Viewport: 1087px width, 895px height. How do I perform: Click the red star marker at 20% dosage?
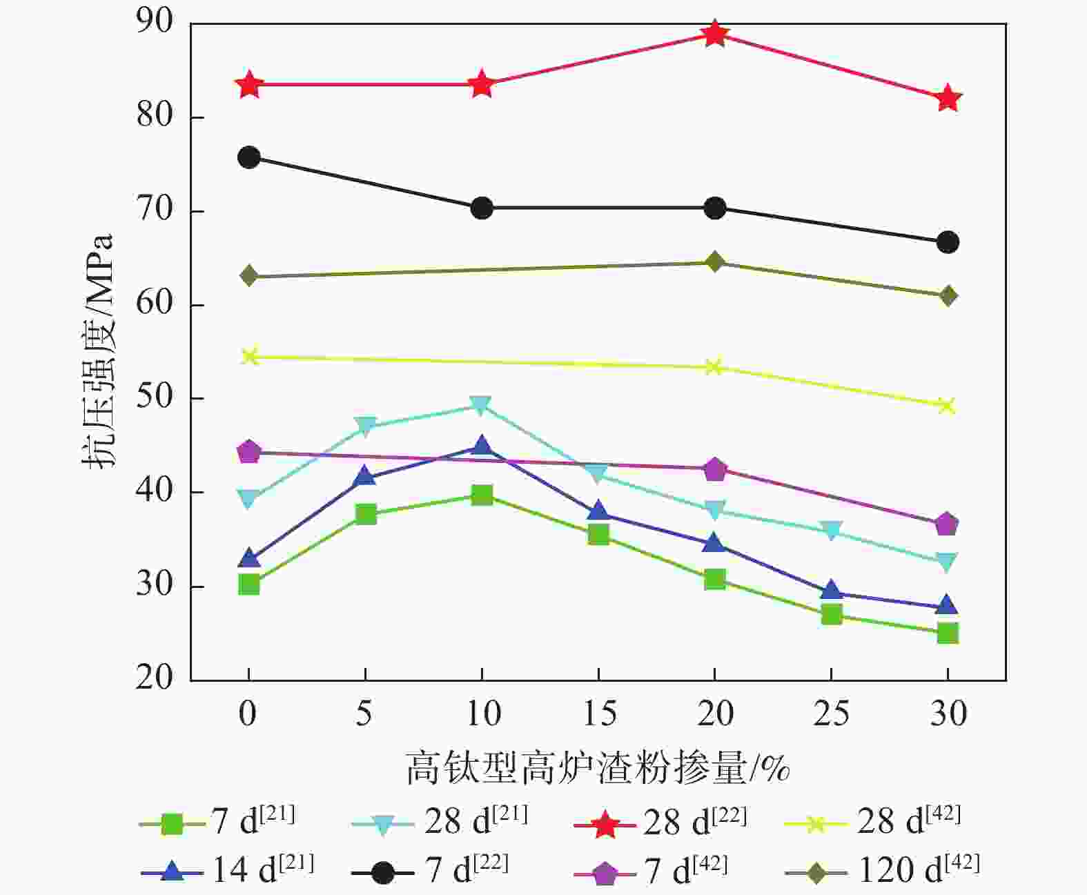coord(715,33)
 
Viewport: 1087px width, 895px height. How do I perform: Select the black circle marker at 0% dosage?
coord(248,157)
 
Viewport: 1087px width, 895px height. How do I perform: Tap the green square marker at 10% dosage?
coord(482,495)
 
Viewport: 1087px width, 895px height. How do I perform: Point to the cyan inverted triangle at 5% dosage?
coord(365,426)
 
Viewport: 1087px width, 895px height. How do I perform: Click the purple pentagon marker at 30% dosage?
coord(948,524)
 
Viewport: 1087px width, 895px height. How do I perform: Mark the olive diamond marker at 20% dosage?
coord(715,262)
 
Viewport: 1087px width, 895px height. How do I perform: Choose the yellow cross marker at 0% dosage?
coord(249,357)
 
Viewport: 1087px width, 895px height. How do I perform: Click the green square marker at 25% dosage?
coord(832,614)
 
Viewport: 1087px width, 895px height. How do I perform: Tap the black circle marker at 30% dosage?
coord(948,242)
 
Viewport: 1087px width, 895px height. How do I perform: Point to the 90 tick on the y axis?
coord(155,22)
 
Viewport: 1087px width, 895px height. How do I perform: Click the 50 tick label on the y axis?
coord(155,398)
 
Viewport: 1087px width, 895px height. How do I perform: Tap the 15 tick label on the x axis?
coord(599,714)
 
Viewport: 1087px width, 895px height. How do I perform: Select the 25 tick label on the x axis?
coord(831,714)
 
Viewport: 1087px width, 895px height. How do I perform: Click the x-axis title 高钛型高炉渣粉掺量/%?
coord(598,768)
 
